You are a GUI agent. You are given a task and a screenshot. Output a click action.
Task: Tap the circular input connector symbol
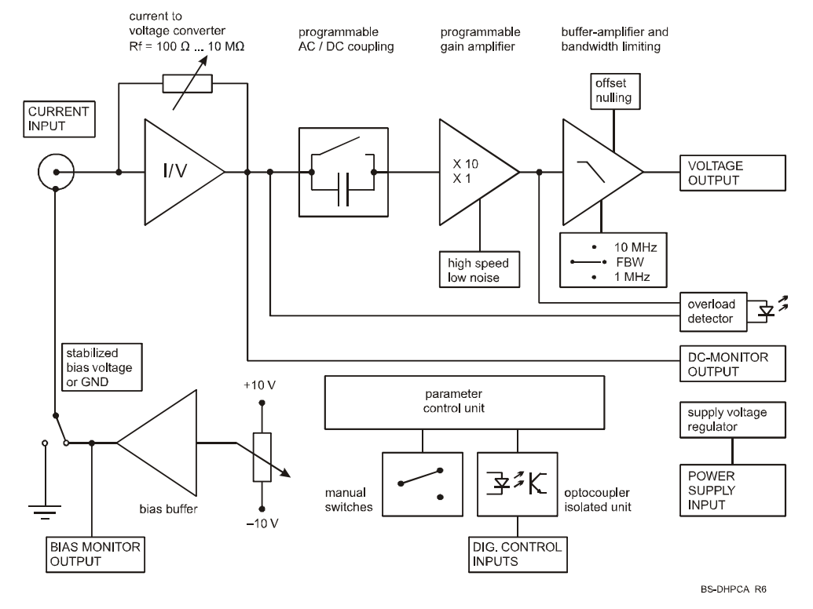[57, 171]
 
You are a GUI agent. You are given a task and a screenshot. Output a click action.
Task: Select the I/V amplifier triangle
[178, 171]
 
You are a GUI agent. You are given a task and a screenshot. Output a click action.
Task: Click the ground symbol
[46, 508]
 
